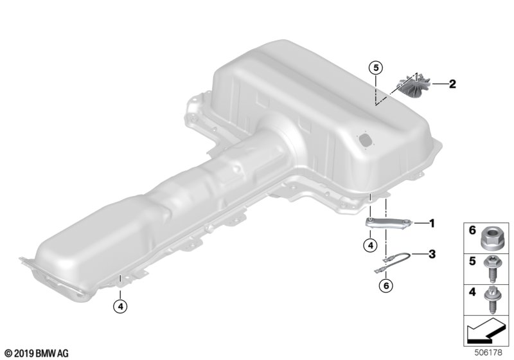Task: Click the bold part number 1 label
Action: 432,223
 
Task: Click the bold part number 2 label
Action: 452,84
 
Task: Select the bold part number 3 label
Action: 432,254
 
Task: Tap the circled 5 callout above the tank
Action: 376,68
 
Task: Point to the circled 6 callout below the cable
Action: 386,285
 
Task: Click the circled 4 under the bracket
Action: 371,245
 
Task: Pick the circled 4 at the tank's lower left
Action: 120,307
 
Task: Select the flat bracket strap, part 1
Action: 389,223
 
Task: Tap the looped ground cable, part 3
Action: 393,262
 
